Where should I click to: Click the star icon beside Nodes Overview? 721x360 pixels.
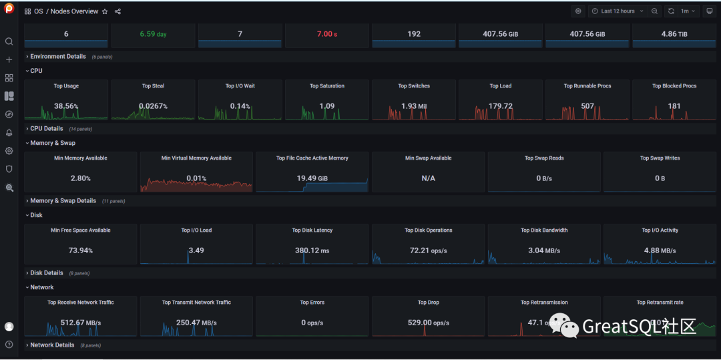(x=105, y=11)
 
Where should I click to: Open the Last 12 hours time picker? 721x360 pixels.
(x=618, y=11)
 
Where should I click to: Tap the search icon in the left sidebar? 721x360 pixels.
(x=9, y=41)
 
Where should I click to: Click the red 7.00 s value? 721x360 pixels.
(x=327, y=34)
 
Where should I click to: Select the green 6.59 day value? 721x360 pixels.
(x=153, y=34)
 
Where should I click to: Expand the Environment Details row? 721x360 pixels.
(x=57, y=57)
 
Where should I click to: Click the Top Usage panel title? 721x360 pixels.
(x=66, y=86)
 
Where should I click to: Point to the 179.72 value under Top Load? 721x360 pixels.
(x=501, y=106)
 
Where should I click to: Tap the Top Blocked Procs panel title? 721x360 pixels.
(x=674, y=86)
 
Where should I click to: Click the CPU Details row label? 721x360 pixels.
(x=46, y=129)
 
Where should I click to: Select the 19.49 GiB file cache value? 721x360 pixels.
(x=312, y=178)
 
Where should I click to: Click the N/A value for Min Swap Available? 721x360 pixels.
(x=429, y=178)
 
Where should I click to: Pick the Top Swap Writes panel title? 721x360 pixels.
(x=660, y=158)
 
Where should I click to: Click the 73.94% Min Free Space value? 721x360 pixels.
(x=80, y=250)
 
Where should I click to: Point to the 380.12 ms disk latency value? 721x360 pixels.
(x=312, y=250)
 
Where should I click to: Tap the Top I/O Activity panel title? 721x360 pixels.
(x=660, y=230)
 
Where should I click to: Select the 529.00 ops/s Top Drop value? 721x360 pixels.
(x=429, y=323)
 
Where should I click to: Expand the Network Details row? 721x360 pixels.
(x=52, y=345)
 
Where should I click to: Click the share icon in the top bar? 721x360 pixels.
(x=118, y=11)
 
